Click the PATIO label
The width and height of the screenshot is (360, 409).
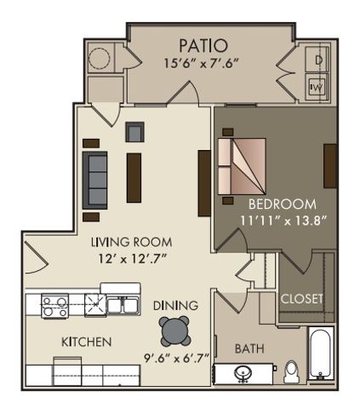pos(203,45)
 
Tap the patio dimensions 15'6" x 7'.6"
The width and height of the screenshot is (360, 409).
pos(201,63)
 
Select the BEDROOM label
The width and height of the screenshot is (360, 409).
pos(283,204)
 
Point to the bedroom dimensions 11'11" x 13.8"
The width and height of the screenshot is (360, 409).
pos(283,221)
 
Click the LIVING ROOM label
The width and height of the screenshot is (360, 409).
pos(132,242)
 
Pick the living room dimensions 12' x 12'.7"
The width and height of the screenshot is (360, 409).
pos(132,258)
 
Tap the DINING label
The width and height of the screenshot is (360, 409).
pos(175,305)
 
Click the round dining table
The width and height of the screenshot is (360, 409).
pos(174,331)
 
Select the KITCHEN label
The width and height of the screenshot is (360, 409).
pos(87,342)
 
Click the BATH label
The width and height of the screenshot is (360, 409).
pos(249,349)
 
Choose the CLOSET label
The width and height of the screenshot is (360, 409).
pos(301,298)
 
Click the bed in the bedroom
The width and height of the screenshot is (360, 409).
pos(242,167)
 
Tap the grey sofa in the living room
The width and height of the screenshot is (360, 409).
pos(94,181)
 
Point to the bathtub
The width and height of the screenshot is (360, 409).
pos(321,354)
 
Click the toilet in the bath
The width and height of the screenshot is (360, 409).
pos(291,372)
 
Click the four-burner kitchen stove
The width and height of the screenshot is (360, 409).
pos(55,306)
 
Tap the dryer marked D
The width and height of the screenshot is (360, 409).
pos(317,60)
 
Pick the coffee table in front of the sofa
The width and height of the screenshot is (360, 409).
pos(134,178)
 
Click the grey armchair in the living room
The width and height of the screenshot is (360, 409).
pos(135,132)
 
